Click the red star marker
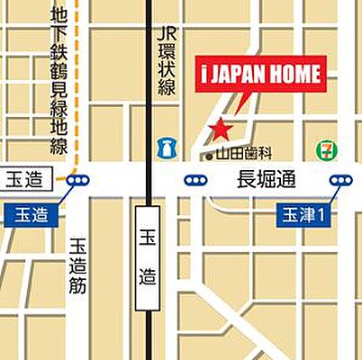219,130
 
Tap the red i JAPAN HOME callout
258,75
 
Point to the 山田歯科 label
242,155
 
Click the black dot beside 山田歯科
209,156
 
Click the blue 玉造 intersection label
32,215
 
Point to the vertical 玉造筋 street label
77,270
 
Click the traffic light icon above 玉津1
340,181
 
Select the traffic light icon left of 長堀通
195,181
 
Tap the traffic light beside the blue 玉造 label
76,181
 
